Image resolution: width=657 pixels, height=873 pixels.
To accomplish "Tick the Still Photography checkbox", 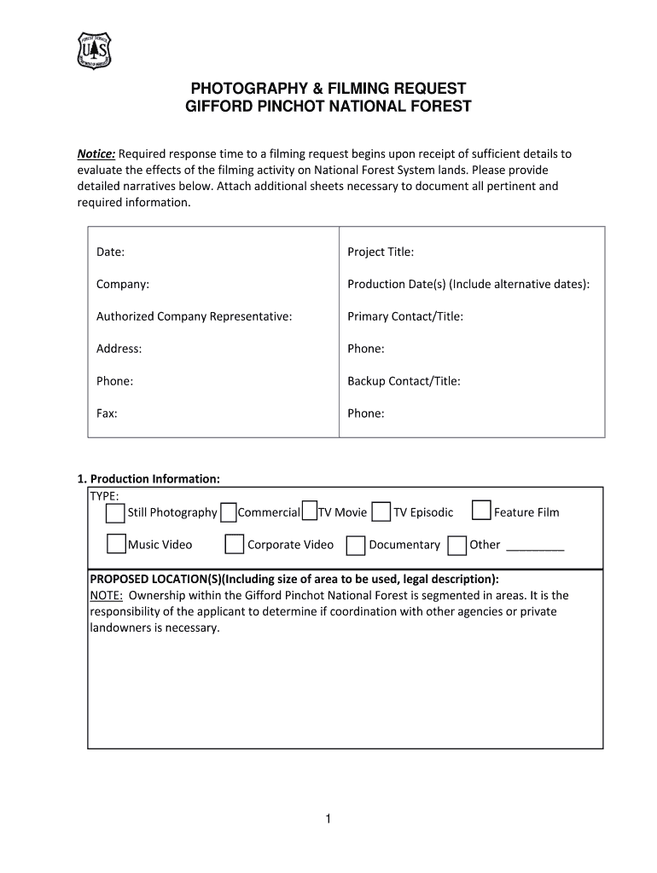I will (115, 512).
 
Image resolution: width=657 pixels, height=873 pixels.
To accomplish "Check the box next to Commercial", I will (228, 512).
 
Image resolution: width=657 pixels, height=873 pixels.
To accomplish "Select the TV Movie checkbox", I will (309, 512).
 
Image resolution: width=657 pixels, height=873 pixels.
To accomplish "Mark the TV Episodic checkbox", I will (381, 512).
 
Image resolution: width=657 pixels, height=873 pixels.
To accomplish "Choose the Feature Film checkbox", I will (481, 511).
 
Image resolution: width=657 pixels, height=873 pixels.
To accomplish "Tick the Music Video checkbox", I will (117, 544).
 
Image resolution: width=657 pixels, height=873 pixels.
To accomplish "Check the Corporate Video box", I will (234, 544).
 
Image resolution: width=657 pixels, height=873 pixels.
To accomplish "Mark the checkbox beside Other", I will (456, 545).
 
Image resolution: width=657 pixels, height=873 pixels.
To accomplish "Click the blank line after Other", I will (535, 546).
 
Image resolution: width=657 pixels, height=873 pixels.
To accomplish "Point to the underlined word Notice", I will (96, 153).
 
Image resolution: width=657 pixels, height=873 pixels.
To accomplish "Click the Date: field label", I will (110, 251).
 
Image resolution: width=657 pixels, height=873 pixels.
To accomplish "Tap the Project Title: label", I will (381, 251).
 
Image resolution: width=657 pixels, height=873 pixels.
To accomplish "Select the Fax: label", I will (107, 413).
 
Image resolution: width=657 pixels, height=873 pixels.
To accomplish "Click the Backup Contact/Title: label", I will (404, 381).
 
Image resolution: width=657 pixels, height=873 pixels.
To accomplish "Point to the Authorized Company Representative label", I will (194, 316).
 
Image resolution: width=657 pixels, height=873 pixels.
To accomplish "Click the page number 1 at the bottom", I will (327, 820).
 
